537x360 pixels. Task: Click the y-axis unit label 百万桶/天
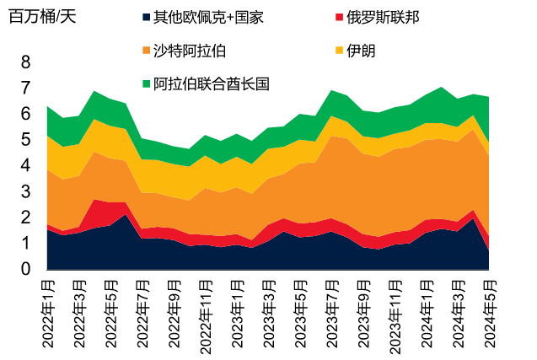(x=42, y=18)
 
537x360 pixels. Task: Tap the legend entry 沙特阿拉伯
(x=189, y=50)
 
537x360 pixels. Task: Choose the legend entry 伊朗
(x=360, y=50)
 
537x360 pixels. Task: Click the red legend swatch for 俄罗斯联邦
(x=340, y=18)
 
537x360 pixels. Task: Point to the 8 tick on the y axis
(x=25, y=62)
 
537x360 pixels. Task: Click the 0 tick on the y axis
(x=25, y=269)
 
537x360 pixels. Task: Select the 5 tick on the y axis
(x=25, y=140)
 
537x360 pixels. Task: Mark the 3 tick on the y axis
(x=25, y=191)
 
